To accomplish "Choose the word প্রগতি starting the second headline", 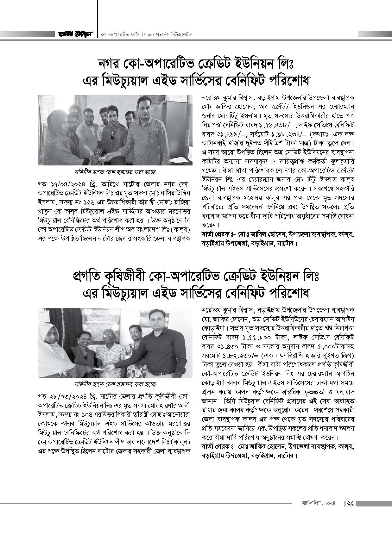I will coord(88,277).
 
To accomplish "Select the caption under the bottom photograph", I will coord(116,384).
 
